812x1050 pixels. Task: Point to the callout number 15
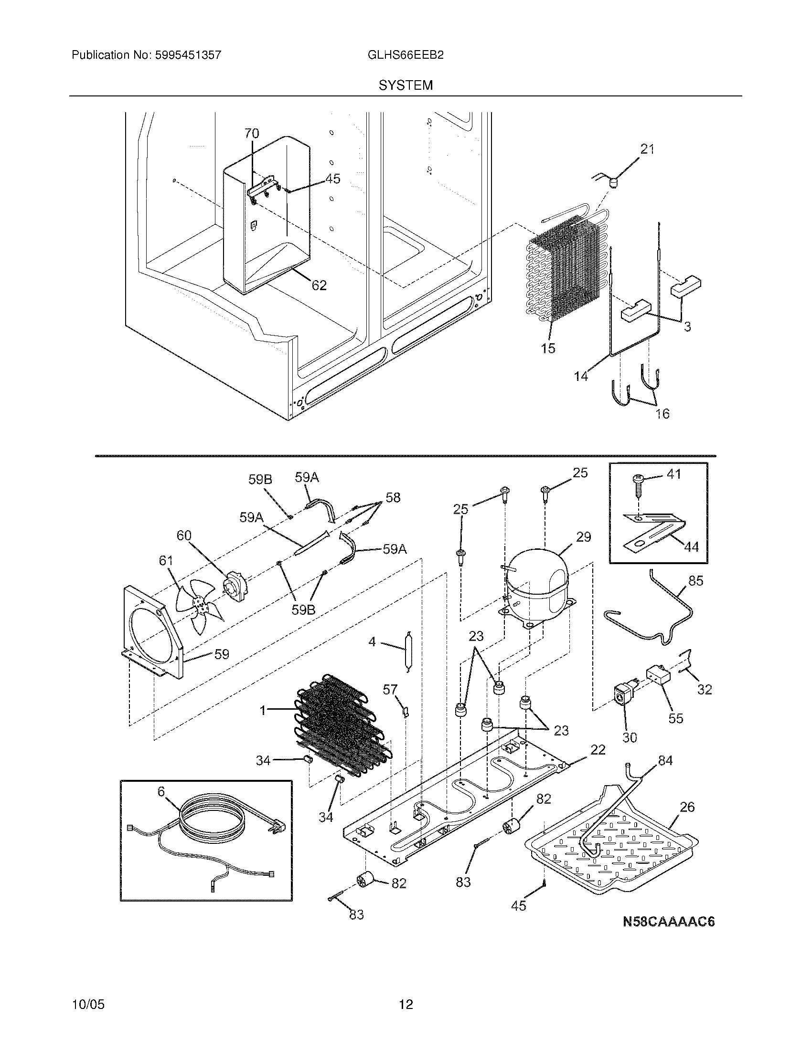click(x=548, y=348)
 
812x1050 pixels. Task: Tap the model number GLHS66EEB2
click(x=406, y=55)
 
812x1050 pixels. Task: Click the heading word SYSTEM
click(x=406, y=85)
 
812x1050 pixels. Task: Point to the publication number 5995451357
click(x=188, y=55)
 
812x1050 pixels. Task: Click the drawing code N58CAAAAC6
click(x=669, y=922)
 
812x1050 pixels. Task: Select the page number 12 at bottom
click(x=406, y=1004)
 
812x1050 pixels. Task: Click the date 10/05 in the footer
click(x=88, y=1004)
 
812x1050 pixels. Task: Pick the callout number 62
click(x=319, y=285)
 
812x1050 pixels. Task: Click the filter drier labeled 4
click(x=408, y=650)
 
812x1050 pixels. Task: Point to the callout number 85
click(x=695, y=581)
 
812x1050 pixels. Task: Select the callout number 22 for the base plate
click(x=598, y=749)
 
